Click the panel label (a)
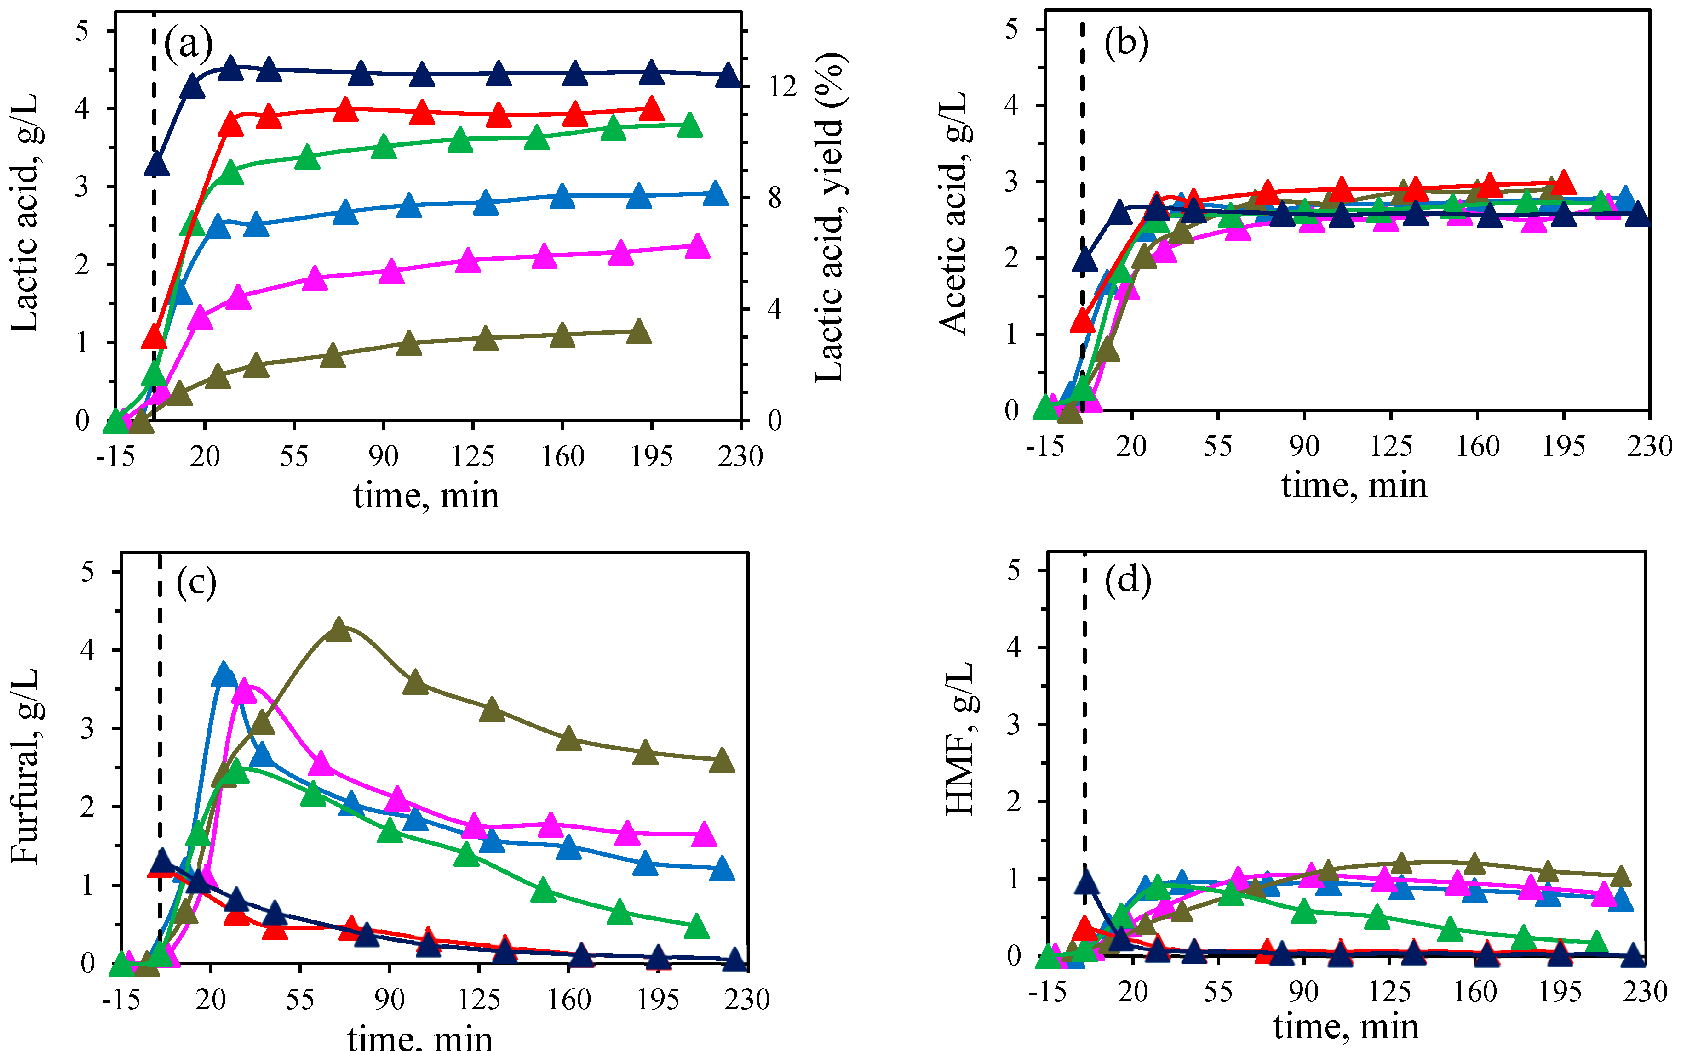tap(188, 45)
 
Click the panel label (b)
tap(1126, 43)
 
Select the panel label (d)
tap(1127, 579)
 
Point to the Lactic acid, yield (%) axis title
tap(830, 217)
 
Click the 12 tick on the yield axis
tap(782, 86)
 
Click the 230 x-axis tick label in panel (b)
tap(1648, 446)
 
